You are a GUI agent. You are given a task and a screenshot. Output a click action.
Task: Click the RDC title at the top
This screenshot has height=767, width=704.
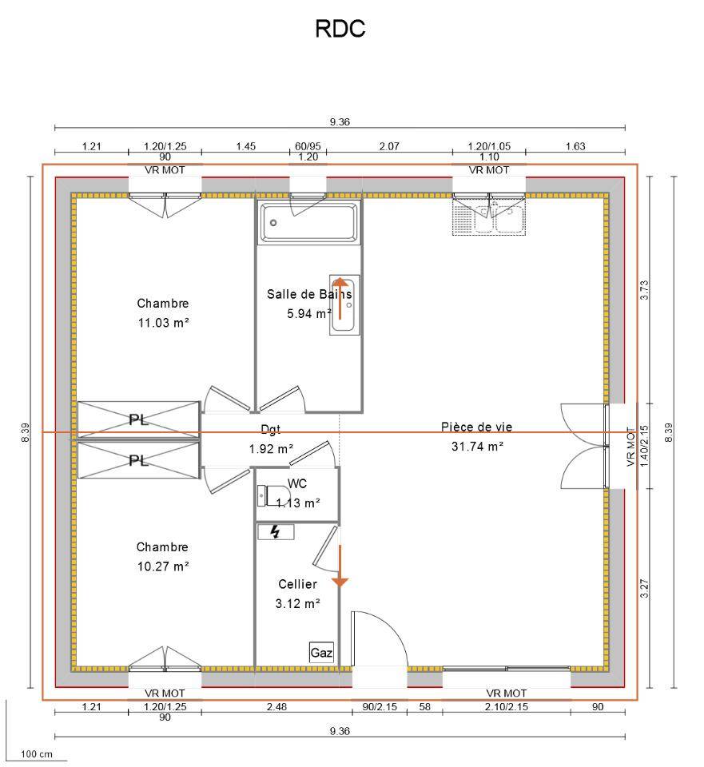tap(340, 29)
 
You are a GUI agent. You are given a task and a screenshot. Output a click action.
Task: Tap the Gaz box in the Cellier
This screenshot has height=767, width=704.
tap(321, 653)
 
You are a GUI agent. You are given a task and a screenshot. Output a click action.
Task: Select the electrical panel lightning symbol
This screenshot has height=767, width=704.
tap(276, 531)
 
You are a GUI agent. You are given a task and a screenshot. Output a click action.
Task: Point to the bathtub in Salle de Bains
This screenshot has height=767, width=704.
tap(308, 222)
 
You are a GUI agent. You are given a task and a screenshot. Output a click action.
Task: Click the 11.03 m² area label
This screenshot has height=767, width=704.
tap(163, 323)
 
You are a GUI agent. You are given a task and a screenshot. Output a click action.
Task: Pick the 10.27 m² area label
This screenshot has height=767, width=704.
tap(163, 566)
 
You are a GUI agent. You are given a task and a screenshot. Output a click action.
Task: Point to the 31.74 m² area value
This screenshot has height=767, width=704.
tap(477, 447)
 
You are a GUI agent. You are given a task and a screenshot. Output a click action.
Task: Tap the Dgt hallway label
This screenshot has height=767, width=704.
tap(271, 429)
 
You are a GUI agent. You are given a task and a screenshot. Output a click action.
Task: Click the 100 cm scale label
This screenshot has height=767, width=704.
tap(36, 754)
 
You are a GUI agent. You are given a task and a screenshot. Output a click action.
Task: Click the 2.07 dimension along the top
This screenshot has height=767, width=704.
tap(389, 146)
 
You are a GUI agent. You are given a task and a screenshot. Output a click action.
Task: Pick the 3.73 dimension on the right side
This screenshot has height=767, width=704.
tap(646, 289)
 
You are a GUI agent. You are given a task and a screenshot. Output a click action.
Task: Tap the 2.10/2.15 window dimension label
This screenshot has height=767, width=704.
tap(507, 706)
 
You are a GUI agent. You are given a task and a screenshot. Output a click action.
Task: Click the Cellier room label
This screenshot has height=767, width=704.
tap(298, 585)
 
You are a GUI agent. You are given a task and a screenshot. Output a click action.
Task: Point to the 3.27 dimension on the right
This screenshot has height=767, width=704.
tap(646, 587)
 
